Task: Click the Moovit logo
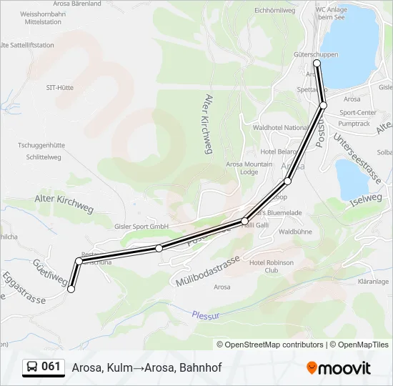click(x=339, y=368)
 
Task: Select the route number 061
click(x=51, y=367)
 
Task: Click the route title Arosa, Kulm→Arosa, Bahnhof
click(x=146, y=368)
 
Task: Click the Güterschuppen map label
click(x=316, y=54)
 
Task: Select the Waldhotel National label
click(x=280, y=127)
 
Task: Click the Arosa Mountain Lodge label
click(x=249, y=168)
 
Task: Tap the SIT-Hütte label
click(x=60, y=87)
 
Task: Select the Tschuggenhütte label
click(x=41, y=143)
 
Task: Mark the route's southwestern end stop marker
click(x=71, y=289)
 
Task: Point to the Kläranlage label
click(x=372, y=282)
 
